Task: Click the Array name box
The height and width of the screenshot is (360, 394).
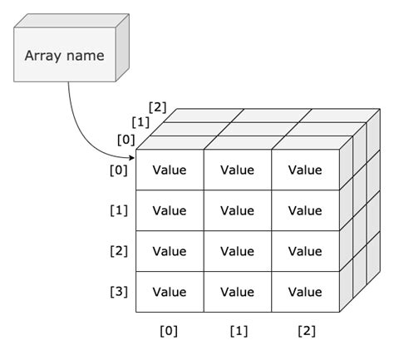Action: [64, 57]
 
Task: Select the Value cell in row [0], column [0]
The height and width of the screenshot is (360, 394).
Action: [170, 170]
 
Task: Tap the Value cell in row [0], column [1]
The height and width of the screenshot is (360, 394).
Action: [237, 170]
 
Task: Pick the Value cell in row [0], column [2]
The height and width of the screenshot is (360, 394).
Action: [304, 170]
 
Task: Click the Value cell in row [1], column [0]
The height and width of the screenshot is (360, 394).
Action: [170, 210]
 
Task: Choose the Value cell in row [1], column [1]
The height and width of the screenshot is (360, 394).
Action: [237, 210]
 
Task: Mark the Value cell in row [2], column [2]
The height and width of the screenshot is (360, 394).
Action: [304, 251]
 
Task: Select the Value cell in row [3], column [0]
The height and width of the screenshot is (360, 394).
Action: [170, 292]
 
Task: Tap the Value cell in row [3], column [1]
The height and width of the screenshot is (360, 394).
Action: [237, 292]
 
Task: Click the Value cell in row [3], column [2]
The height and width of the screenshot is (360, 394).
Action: [304, 292]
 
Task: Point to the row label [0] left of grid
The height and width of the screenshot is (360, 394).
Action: [119, 170]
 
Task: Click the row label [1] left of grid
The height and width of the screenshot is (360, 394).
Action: [119, 210]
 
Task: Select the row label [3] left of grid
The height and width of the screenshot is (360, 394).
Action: [119, 292]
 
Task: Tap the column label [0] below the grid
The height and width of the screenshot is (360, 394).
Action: [169, 331]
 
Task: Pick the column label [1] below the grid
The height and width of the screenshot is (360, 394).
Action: [238, 331]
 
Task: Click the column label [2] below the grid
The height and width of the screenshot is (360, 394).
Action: [306, 331]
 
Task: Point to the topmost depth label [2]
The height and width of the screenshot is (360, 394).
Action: [157, 106]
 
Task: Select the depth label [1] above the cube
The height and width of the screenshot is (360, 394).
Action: [141, 122]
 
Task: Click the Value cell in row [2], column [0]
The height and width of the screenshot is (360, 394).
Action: [170, 251]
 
